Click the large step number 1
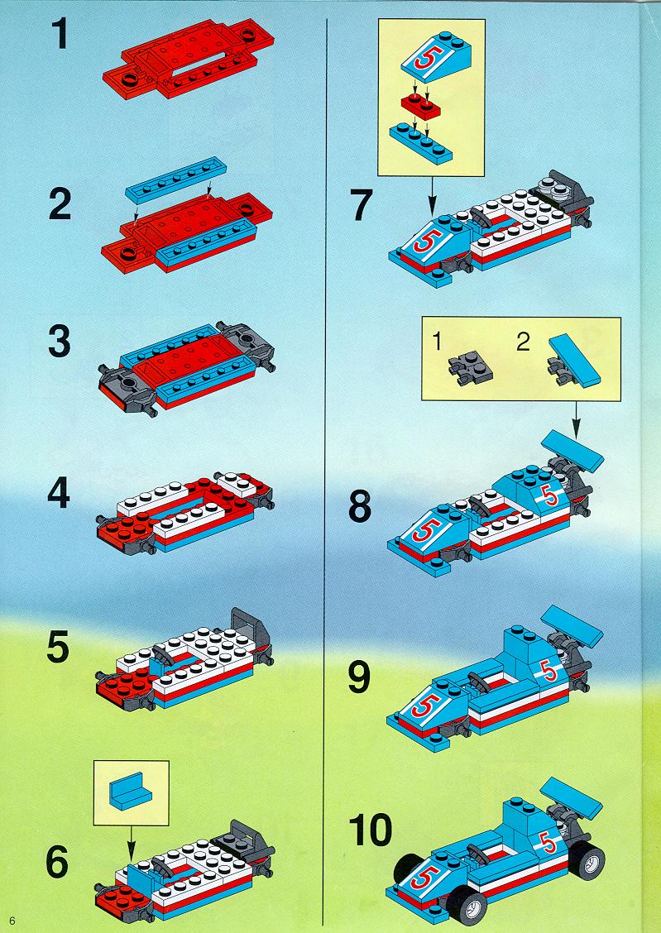point(60,35)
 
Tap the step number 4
point(58,493)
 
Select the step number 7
point(362,204)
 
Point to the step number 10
point(370,830)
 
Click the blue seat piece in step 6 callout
point(131,792)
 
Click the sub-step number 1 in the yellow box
point(438,342)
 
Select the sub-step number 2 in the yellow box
point(522,342)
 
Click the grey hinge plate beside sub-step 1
point(471,369)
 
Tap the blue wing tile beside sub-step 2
point(575,361)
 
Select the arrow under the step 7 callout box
point(432,195)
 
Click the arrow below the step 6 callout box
point(131,842)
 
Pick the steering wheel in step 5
point(164,653)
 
